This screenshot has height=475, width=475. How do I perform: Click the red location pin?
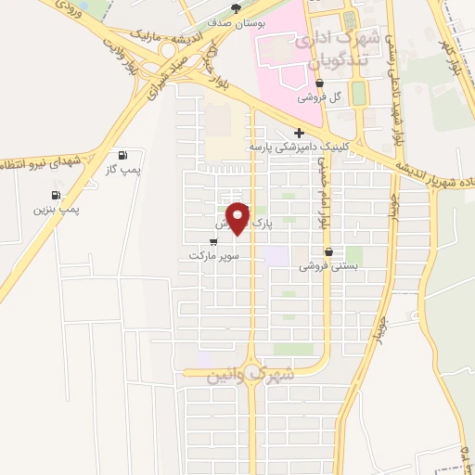[238, 217]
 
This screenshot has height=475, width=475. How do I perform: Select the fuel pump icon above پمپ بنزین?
[57, 196]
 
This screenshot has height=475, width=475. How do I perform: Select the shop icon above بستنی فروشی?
[328, 251]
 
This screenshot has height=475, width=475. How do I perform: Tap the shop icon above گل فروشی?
[320, 83]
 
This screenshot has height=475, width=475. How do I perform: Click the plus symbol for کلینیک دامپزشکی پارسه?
[299, 133]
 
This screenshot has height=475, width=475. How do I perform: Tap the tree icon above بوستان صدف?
[236, 8]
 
